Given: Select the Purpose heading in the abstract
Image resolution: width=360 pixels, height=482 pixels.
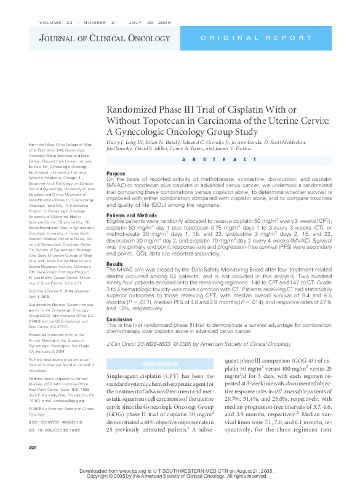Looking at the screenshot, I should coord(116,174).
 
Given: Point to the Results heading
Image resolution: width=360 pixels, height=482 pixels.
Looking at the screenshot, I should coord(115,263).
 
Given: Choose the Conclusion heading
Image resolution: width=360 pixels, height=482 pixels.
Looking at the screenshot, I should coord(119,319).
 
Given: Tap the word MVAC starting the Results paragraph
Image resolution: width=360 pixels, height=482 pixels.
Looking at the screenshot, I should coord(125,270).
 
